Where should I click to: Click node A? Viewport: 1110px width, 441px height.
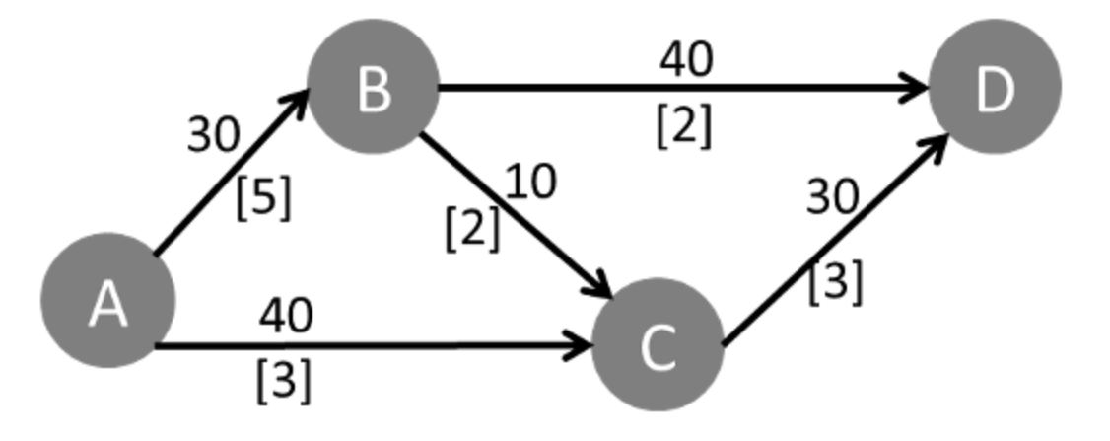pos(107,301)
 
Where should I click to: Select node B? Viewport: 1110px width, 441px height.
pos(373,88)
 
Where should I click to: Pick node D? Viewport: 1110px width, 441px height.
pos(993,88)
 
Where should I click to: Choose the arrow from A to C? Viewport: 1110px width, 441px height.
pos(375,346)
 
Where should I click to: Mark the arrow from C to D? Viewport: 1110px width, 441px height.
pos(833,243)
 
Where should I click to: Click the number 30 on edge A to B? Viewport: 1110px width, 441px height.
pos(214,136)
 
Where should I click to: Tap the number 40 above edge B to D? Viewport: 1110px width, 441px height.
pos(685,61)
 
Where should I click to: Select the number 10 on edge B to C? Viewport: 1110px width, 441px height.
pos(531,182)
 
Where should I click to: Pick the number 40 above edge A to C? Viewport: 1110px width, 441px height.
pos(286,316)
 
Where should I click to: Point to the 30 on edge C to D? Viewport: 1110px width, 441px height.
pos(833,197)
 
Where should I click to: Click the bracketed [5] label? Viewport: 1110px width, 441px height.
pos(263,198)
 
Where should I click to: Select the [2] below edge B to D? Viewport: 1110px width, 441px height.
pos(683,125)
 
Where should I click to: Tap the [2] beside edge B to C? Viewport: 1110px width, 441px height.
pos(472,230)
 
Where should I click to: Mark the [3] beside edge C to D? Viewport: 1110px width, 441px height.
pos(835,283)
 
